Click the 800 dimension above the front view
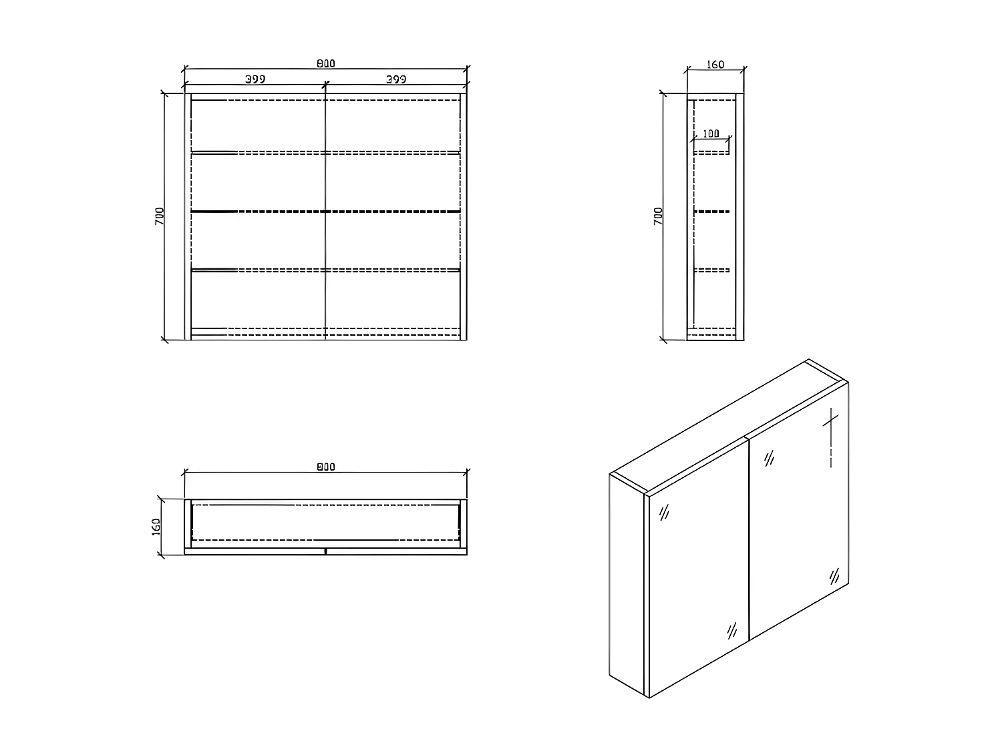325,63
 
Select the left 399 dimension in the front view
255,79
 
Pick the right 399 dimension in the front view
396,79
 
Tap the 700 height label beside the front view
160,216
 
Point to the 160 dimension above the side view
715,65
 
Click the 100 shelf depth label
711,134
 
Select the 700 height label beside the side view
658,216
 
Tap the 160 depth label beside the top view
156,526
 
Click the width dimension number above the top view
325,467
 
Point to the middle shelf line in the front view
325,212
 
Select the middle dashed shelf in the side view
711,212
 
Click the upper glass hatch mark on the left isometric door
665,513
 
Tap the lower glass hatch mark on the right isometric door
834,575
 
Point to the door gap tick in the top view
325,552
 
